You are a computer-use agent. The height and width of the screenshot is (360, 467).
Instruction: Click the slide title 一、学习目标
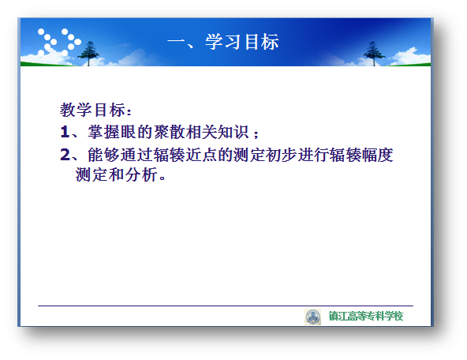point(223,42)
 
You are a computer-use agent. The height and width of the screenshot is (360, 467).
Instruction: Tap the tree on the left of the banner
point(88,54)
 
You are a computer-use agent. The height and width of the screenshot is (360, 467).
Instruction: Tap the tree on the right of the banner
point(374,54)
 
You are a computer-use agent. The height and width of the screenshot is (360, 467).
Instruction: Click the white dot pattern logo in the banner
point(59,42)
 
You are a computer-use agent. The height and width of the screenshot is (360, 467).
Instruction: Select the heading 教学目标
point(92,110)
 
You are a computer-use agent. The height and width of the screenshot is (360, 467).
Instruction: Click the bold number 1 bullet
point(65,132)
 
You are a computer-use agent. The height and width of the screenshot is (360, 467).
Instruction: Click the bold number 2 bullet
point(65,155)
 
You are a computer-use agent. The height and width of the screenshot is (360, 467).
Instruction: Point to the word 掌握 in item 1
point(103,132)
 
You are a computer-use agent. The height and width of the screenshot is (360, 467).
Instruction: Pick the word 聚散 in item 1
point(169,132)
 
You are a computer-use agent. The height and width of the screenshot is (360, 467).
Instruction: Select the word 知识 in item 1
point(233,132)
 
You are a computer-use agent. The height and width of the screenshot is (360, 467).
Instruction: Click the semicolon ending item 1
point(256,133)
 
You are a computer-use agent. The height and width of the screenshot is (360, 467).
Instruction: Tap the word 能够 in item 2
point(103,155)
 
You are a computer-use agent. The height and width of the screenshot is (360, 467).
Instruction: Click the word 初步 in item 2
point(282,155)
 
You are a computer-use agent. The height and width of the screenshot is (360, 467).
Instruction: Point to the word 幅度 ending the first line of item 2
point(378,155)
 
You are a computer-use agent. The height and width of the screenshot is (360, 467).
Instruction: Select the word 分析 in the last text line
point(141,174)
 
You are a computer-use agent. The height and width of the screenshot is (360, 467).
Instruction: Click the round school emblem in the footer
point(312,317)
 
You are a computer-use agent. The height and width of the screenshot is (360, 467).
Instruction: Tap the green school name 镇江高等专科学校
point(366,316)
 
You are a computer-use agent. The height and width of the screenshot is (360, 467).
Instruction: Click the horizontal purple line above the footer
point(226,306)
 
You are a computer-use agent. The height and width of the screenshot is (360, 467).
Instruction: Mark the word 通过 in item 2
point(136,155)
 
